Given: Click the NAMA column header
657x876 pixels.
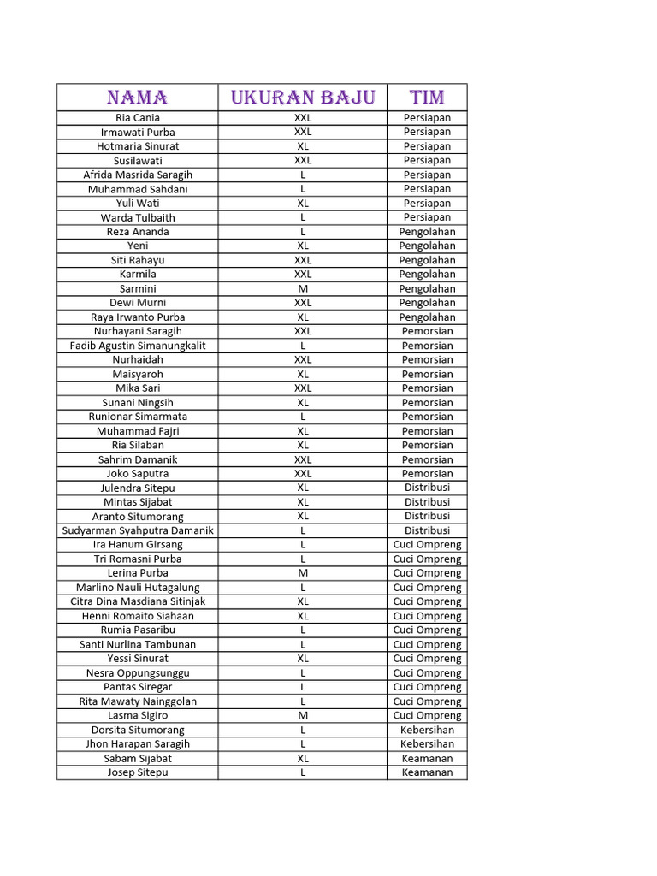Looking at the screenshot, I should tap(137, 97).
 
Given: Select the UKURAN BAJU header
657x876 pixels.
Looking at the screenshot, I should tap(303, 97).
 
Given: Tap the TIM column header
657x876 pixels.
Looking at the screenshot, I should tap(427, 97).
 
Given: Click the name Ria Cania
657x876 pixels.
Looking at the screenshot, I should tap(137, 118).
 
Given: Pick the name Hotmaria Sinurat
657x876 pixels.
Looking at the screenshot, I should tap(137, 146).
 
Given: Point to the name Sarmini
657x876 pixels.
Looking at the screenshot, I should tap(137, 288).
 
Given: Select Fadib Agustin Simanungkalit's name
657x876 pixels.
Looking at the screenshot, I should tap(137, 346).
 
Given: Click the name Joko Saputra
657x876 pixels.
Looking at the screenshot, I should tap(137, 473).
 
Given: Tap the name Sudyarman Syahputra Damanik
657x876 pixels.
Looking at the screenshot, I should tap(137, 530).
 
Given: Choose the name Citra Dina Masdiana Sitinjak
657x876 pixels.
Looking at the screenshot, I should tap(137, 601).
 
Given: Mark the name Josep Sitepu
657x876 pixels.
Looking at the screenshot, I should tap(137, 772).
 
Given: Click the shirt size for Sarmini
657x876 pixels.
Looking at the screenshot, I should tap(303, 288).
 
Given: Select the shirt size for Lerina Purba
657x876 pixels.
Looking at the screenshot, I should tap(303, 573).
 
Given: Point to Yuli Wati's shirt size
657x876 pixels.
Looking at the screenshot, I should tap(303, 204).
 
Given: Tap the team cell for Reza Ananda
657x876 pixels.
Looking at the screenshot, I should tap(427, 232).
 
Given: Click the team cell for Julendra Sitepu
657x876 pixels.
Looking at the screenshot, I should tap(427, 488).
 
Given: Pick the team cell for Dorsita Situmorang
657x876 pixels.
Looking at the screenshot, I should tap(427, 730).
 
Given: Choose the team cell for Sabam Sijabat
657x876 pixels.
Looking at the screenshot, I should tap(427, 758).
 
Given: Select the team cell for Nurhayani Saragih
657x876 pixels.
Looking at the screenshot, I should tap(427, 331).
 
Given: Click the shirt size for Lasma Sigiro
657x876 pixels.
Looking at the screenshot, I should tap(303, 715).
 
